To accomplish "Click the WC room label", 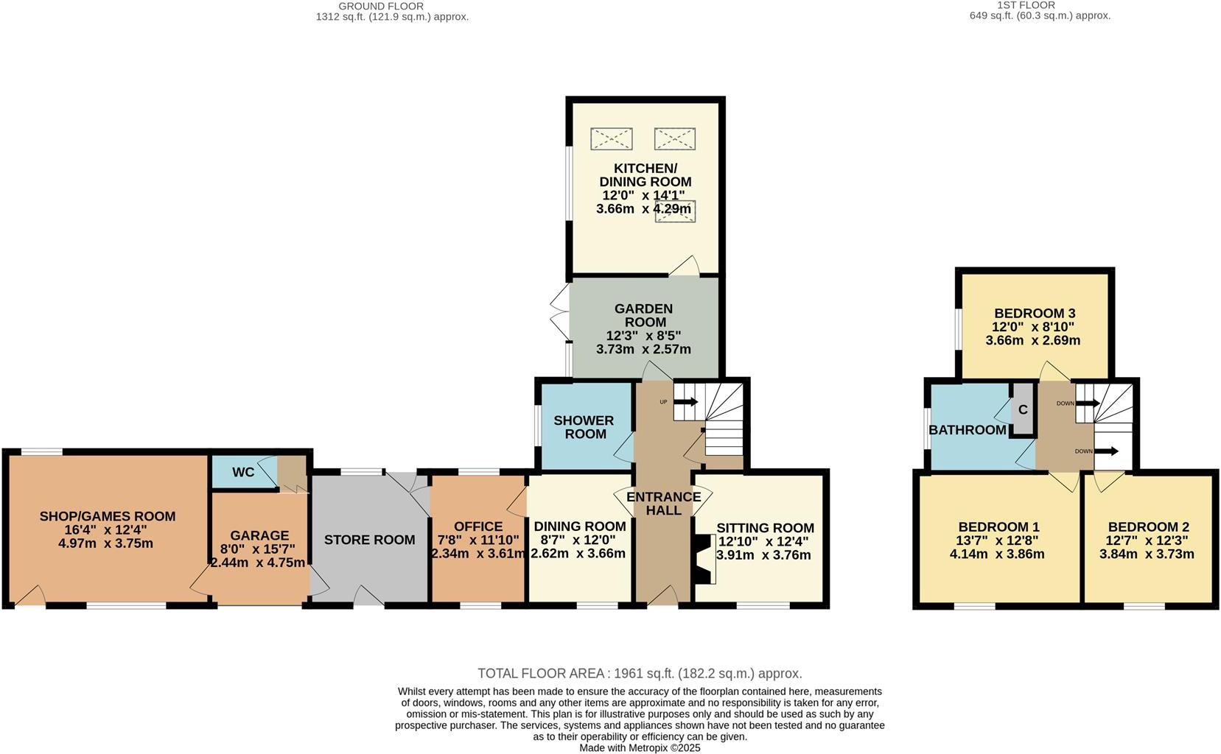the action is (x=243, y=472).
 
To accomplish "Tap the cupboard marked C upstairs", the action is (x=1023, y=409).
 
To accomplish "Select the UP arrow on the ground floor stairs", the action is (x=686, y=402).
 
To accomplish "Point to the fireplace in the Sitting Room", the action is (x=705, y=559).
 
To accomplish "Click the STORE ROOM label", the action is (x=370, y=540).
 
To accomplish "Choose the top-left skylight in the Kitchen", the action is (x=612, y=139).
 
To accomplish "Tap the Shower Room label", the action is (x=584, y=427).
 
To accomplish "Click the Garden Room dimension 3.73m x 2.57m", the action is (x=643, y=349).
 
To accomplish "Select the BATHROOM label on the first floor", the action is (x=968, y=430).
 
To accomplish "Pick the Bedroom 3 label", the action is (x=1035, y=313).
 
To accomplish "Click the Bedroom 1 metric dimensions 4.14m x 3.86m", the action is (x=997, y=554).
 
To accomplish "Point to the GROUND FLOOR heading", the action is (x=381, y=6).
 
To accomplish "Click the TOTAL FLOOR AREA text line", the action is (x=640, y=673).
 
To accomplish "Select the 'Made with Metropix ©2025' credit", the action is (x=640, y=748).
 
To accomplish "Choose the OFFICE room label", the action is (x=478, y=526).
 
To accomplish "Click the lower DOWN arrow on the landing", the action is (x=1107, y=451).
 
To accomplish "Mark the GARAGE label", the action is (x=259, y=535).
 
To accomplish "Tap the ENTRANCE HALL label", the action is (x=663, y=504).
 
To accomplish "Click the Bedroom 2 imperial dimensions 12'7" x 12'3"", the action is (x=1147, y=540).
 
